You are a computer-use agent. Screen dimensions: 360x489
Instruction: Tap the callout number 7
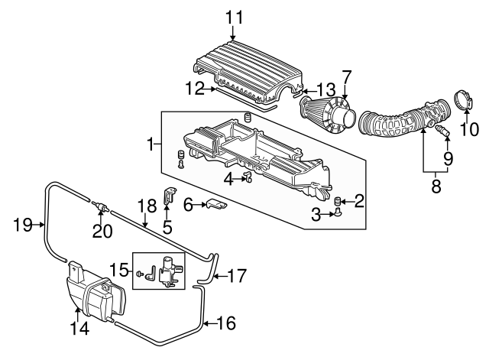tap(346, 77)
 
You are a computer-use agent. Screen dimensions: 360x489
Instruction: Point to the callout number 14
tap(79, 329)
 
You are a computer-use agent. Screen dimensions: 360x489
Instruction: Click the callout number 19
tap(23, 224)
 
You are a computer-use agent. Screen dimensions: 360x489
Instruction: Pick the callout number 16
tap(227, 323)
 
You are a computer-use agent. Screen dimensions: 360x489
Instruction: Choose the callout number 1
tap(152, 143)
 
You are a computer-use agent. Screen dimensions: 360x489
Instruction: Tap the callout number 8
tap(436, 185)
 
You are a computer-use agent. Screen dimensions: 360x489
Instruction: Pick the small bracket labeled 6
tap(217, 205)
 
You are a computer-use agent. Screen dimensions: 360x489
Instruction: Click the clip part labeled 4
tap(248, 179)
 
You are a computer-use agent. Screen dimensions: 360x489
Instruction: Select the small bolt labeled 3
tap(337, 216)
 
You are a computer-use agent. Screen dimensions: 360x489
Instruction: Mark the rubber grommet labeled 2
tap(337, 201)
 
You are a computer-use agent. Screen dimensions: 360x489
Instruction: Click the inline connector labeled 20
tap(100, 206)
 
